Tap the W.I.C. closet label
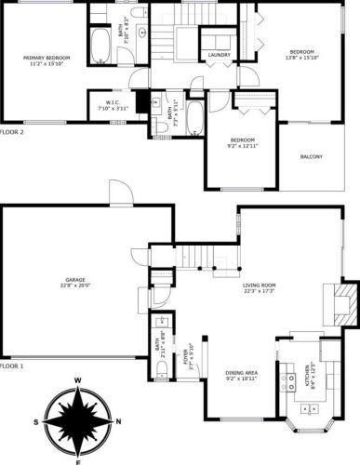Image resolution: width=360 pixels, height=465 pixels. tap(111, 102)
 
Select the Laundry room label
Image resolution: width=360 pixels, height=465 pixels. tap(220, 56)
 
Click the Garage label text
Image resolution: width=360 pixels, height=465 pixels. tap(74, 280)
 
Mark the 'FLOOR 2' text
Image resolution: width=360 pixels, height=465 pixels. tap(12, 132)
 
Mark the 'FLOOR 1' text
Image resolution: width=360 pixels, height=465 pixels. tap(12, 367)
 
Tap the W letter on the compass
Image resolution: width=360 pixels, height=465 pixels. tap(78, 380)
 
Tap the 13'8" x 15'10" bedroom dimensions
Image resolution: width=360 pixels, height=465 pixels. tap(302, 57)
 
